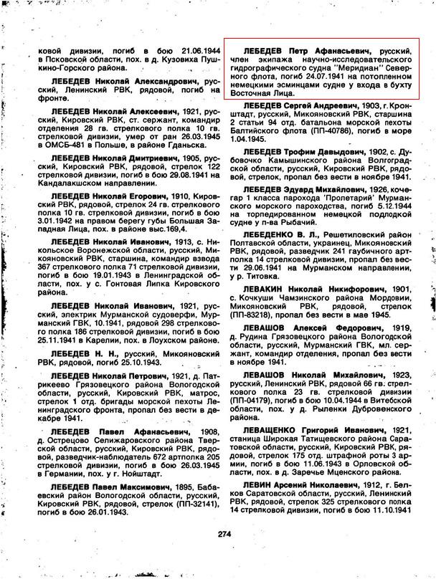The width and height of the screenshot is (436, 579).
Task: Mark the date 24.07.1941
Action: (x=313, y=82)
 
